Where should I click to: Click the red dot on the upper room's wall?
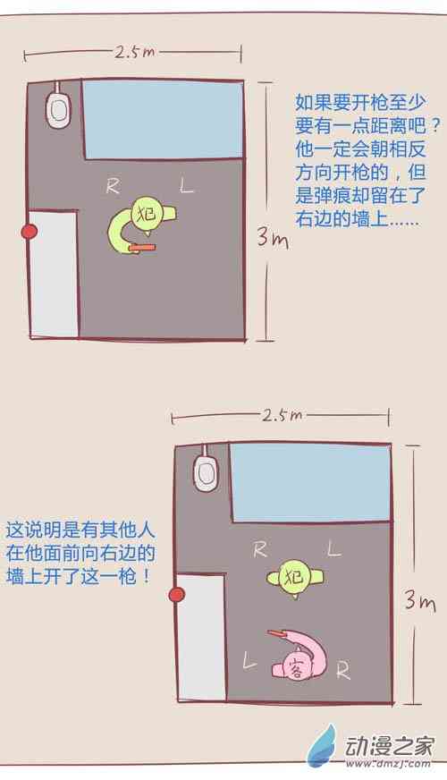click(x=30, y=232)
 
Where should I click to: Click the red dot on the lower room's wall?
click(x=176, y=595)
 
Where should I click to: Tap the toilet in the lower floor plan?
click(x=206, y=471)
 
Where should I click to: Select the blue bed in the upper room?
click(x=163, y=120)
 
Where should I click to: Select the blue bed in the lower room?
click(x=310, y=482)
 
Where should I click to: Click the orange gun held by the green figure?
click(x=143, y=247)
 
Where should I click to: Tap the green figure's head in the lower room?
click(x=294, y=577)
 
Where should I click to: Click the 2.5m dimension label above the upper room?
click(x=135, y=52)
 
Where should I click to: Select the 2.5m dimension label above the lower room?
click(x=283, y=415)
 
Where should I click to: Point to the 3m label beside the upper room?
click(x=273, y=236)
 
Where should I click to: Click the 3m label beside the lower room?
click(x=420, y=600)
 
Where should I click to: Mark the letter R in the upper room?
click(x=114, y=186)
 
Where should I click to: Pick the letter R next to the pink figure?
click(x=343, y=671)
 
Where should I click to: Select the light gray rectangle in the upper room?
click(x=54, y=274)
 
